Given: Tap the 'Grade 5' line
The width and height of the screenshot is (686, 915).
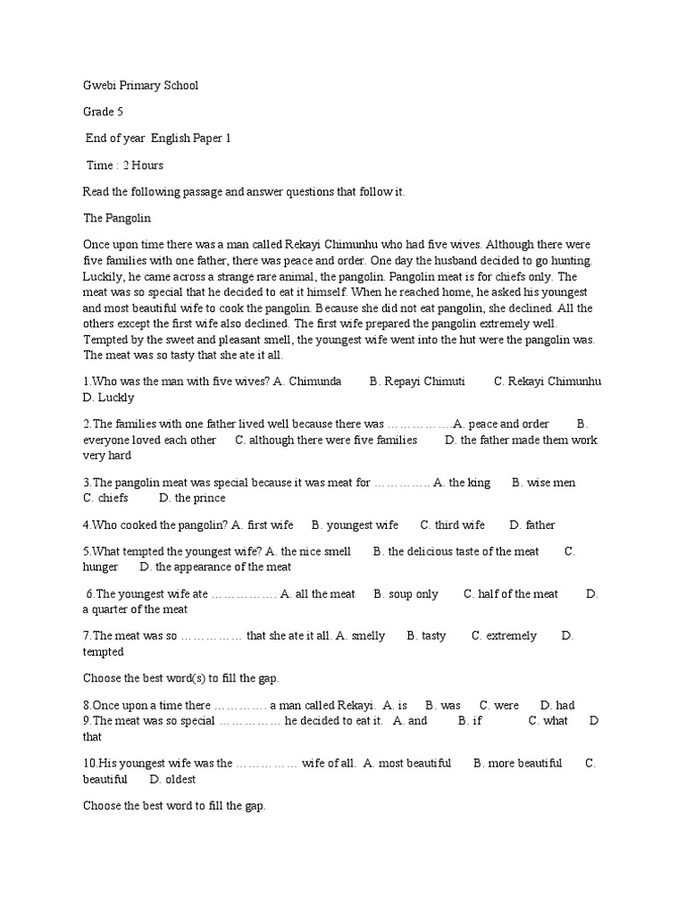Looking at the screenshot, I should coord(103,112).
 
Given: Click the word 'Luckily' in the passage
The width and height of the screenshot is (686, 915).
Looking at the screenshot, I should coord(103,277).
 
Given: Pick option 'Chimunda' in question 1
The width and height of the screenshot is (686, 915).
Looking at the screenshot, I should coord(314,382).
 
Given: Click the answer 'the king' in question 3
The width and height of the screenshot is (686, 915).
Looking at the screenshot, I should coord(470,483).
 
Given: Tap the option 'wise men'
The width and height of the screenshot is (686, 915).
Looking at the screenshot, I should coord(551,483).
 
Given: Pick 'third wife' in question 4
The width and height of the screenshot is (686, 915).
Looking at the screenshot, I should coord(460,525).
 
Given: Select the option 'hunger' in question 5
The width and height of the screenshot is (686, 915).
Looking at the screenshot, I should coord(100,567).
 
